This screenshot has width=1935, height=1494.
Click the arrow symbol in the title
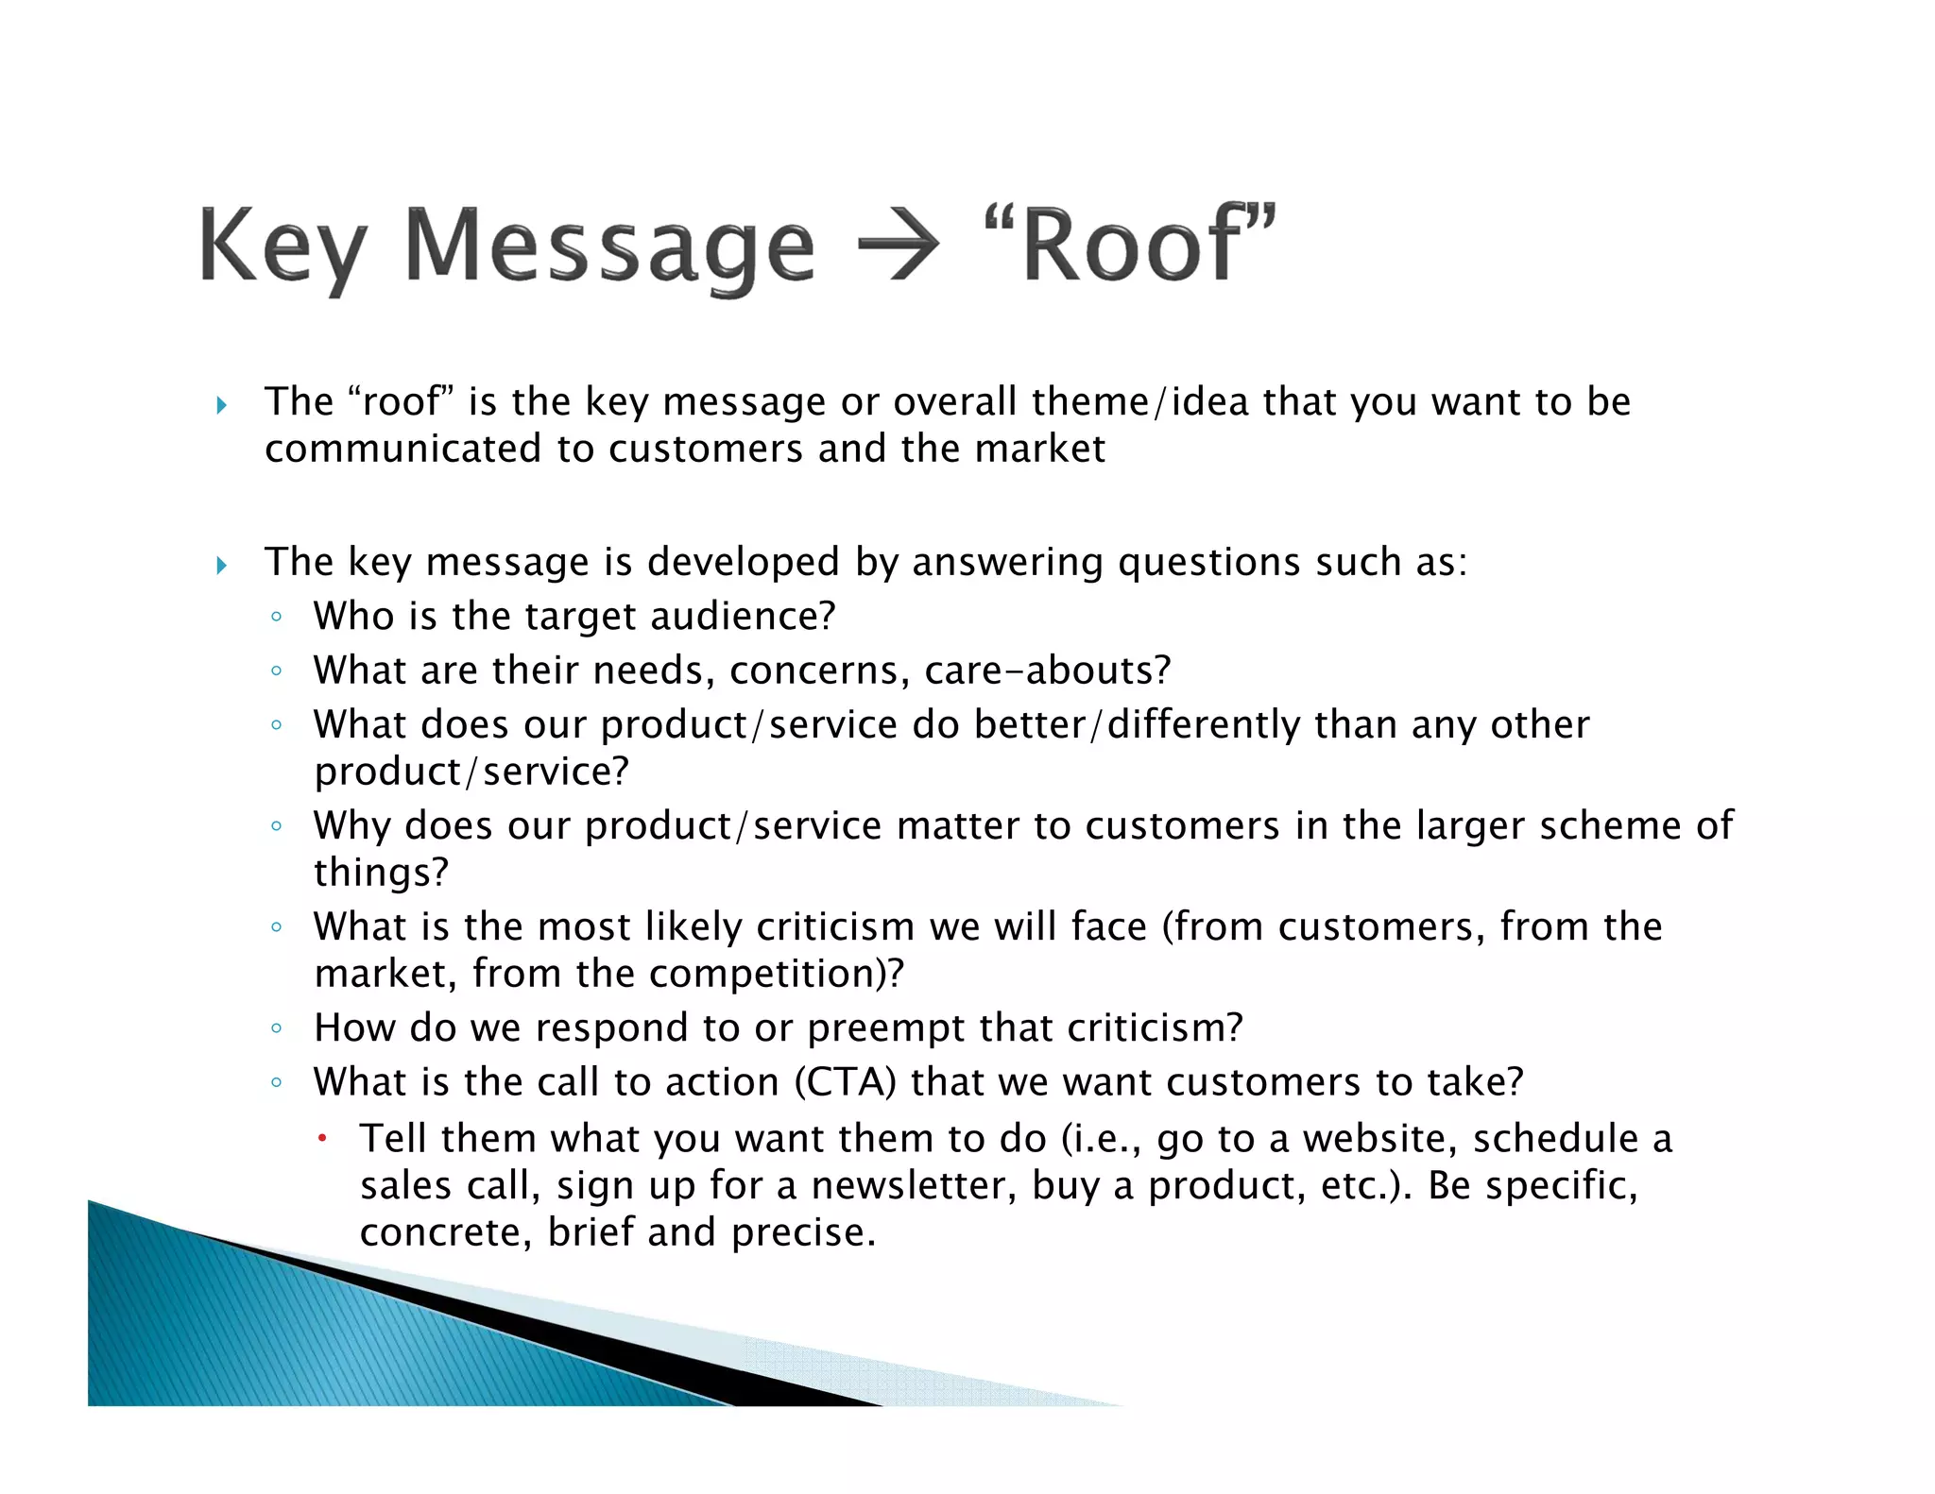point(898,246)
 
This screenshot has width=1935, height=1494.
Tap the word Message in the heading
point(609,247)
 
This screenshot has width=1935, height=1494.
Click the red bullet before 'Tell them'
point(322,1138)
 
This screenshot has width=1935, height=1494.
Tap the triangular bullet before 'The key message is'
point(222,566)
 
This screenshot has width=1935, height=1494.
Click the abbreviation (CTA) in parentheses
point(845,1082)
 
